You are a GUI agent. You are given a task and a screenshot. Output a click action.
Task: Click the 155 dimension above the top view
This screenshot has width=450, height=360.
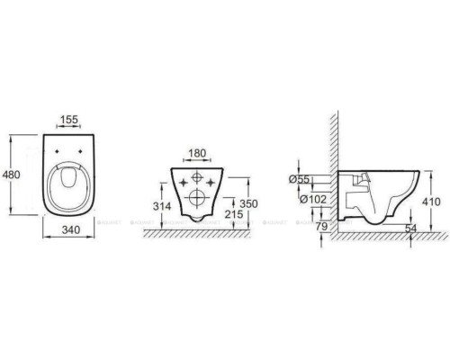(x=67, y=119)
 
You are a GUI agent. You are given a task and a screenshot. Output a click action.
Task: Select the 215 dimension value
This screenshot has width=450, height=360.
(x=233, y=216)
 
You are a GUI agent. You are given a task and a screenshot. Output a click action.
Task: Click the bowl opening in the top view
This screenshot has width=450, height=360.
(x=67, y=185)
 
